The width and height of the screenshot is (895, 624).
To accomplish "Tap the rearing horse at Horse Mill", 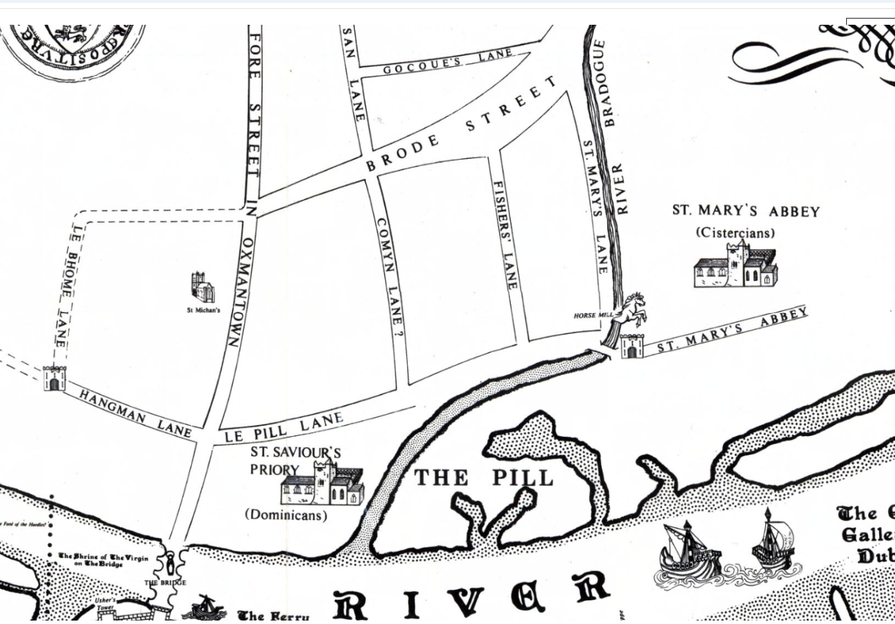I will (x=632, y=311).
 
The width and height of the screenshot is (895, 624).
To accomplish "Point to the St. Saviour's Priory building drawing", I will (x=322, y=485).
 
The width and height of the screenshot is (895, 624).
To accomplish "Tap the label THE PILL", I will (x=483, y=477).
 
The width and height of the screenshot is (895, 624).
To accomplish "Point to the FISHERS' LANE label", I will (x=505, y=235).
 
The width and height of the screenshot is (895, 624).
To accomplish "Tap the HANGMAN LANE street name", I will (x=135, y=412).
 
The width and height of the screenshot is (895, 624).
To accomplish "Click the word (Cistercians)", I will (x=734, y=233).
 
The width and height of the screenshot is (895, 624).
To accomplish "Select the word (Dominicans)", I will (x=286, y=515).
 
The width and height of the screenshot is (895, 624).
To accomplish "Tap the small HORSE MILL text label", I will (x=593, y=316).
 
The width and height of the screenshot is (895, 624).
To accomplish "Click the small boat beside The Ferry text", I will (x=204, y=608).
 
